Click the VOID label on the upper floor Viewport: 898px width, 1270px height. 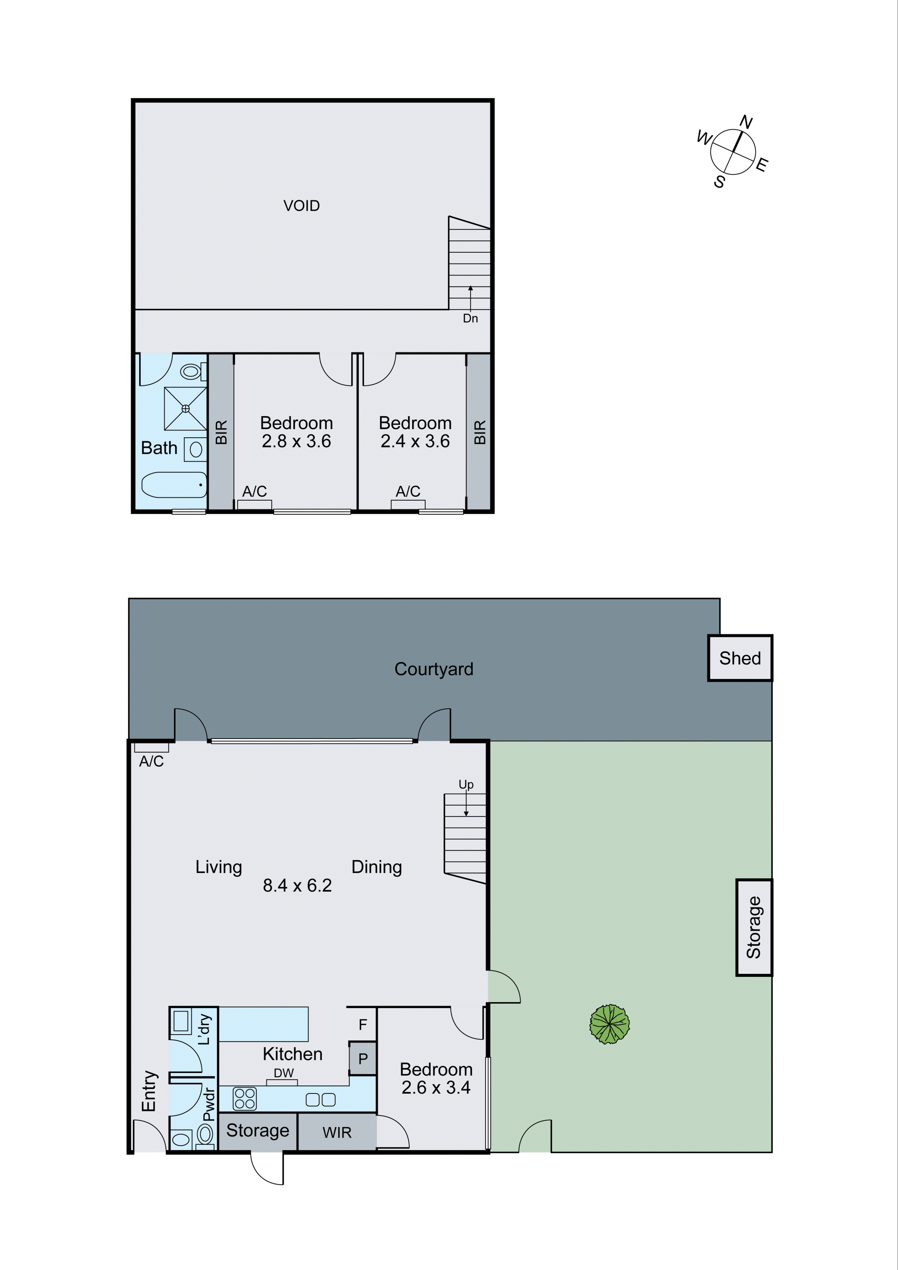(x=301, y=206)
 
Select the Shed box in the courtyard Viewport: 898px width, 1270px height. (x=740, y=658)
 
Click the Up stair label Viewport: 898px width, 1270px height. (x=466, y=784)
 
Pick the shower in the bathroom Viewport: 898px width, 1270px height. (x=185, y=409)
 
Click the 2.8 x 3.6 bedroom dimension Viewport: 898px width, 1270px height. (x=297, y=442)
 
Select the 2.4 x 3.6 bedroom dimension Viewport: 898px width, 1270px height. (x=415, y=442)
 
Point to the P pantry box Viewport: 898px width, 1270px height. (x=363, y=1059)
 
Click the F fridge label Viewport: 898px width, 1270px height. (x=363, y=1025)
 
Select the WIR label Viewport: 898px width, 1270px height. (x=337, y=1133)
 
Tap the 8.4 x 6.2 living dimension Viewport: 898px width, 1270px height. (x=297, y=885)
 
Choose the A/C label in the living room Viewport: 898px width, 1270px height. (x=151, y=762)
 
